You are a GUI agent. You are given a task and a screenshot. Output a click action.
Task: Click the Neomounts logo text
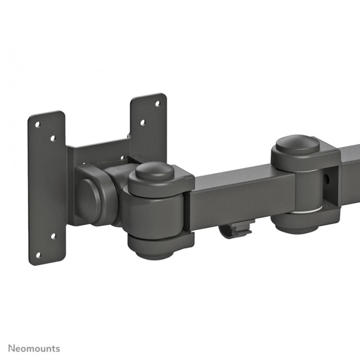(35, 348)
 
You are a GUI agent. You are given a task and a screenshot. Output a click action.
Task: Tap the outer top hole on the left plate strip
(37, 125)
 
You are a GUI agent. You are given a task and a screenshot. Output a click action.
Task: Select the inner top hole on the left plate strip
(53, 138)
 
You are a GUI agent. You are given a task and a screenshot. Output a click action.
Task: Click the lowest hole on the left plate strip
(38, 255)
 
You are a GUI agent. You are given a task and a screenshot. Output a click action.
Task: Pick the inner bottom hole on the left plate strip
(53, 236)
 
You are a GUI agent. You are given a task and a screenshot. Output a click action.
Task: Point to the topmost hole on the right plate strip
(157, 103)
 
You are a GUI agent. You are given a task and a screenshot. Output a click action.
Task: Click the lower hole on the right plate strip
(143, 122)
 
